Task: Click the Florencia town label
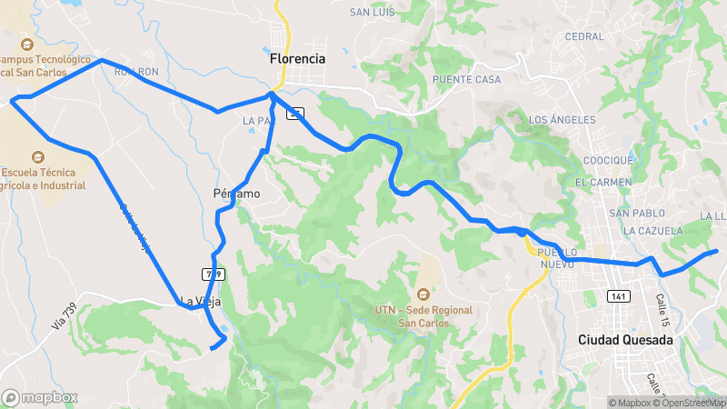tap(297, 58)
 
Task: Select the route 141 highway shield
tap(618, 297)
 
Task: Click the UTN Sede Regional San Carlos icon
tap(423, 294)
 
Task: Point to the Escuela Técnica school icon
tap(37, 156)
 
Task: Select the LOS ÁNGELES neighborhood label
tap(562, 120)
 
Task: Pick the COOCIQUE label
tap(608, 161)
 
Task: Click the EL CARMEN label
tap(603, 183)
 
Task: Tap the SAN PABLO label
tap(632, 214)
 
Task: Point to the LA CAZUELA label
tap(652, 231)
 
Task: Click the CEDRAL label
tap(583, 37)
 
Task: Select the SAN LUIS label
tap(372, 13)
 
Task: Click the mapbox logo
tap(40, 397)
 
